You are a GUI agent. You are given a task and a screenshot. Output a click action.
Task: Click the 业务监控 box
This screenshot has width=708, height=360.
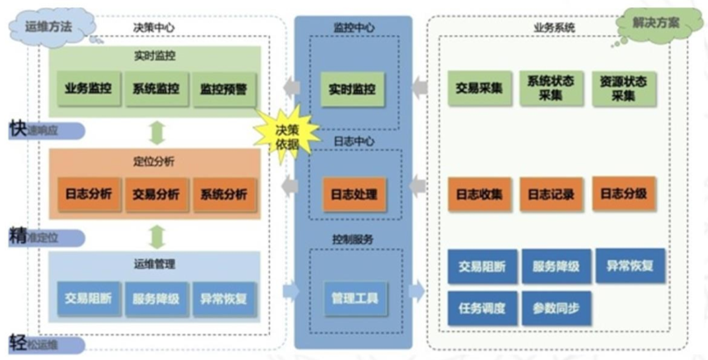click(88, 88)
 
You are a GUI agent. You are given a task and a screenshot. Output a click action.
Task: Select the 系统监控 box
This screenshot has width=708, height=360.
click(156, 88)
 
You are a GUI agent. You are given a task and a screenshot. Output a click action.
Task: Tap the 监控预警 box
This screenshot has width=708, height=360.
click(224, 88)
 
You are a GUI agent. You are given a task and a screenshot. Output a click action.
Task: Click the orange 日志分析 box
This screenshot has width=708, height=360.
click(88, 194)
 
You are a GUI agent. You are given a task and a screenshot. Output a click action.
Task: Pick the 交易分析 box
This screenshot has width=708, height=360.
click(156, 194)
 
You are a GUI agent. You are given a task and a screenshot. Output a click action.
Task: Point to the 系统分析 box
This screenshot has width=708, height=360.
click(224, 194)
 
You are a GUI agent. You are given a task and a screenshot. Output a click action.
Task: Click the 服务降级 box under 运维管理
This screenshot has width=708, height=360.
click(156, 299)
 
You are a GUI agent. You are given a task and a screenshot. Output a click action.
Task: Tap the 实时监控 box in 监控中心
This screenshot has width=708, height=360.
click(353, 88)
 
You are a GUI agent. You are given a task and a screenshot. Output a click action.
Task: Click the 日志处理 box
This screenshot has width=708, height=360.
click(353, 194)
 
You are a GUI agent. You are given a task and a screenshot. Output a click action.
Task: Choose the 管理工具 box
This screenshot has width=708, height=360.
click(353, 299)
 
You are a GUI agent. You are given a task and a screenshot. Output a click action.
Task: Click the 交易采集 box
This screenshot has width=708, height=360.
click(478, 88)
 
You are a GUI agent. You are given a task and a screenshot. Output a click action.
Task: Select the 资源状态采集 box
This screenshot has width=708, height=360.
click(625, 88)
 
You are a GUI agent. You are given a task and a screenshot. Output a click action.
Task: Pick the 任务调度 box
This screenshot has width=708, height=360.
click(478, 307)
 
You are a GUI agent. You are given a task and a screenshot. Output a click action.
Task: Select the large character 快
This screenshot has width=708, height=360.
click(18, 128)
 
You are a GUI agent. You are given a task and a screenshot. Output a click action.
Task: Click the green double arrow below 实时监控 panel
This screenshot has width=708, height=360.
click(157, 131)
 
